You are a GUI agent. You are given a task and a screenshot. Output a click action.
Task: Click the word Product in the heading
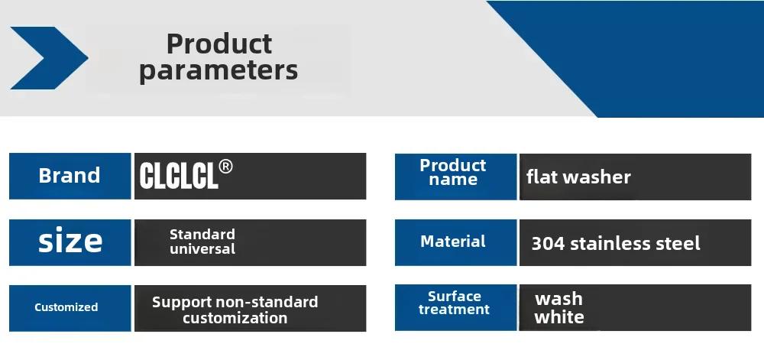click(219, 44)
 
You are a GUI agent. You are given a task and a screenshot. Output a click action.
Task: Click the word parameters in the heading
click(219, 70)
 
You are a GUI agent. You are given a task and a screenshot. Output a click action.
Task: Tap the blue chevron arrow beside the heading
click(49, 58)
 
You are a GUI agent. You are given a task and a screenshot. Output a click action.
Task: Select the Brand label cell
click(70, 176)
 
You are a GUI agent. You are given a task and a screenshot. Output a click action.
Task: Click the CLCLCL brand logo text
click(178, 176)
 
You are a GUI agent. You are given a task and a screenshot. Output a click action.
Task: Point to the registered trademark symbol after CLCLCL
click(225, 167)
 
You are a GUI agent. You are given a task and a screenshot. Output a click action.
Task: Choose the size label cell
click(70, 242)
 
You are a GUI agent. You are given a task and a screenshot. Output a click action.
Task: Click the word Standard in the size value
click(202, 235)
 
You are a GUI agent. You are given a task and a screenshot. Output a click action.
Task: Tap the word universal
click(202, 249)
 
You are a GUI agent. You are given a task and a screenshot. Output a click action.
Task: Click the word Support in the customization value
click(182, 303)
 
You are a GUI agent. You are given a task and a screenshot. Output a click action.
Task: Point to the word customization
click(235, 318)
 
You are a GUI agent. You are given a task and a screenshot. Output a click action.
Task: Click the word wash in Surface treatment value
click(559, 299)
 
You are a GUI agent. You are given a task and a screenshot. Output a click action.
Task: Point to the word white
click(559, 317)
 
